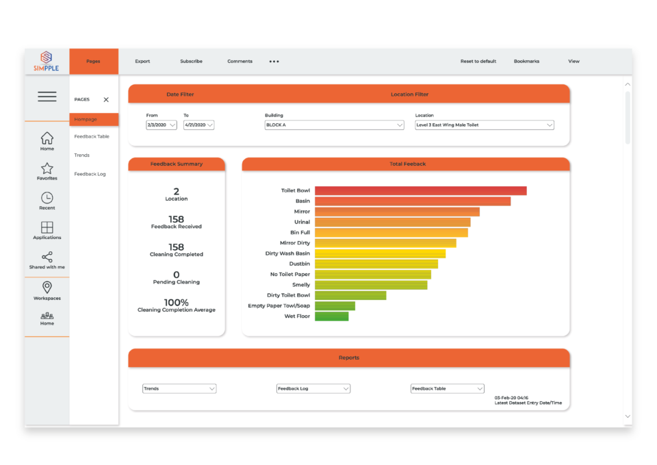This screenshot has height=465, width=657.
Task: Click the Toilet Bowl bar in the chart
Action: [420, 191]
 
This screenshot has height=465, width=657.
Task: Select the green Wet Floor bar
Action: [331, 316]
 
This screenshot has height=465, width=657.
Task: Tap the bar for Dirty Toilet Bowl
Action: [350, 296]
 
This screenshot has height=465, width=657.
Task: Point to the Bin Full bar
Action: [391, 233]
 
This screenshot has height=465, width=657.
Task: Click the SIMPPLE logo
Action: [47, 61]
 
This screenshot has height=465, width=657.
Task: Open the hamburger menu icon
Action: [47, 97]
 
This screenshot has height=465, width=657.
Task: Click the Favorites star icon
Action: [47, 168]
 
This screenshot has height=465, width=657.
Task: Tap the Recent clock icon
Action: [47, 198]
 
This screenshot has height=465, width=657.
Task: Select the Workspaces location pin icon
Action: [47, 288]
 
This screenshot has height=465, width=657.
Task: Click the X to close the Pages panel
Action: [106, 100]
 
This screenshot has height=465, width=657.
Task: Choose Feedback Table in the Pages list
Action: [92, 137]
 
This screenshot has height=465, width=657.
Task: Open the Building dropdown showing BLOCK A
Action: [334, 125]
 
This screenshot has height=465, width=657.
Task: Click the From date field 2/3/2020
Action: [162, 125]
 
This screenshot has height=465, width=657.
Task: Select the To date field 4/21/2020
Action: [198, 125]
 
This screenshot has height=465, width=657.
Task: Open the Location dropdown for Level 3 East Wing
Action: [484, 125]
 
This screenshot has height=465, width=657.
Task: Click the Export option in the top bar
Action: [142, 62]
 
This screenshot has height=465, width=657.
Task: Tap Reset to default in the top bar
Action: [478, 62]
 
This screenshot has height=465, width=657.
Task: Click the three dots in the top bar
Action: [274, 62]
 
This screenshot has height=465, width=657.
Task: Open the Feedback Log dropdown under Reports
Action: [313, 389]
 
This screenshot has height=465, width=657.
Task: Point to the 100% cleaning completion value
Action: [176, 303]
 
